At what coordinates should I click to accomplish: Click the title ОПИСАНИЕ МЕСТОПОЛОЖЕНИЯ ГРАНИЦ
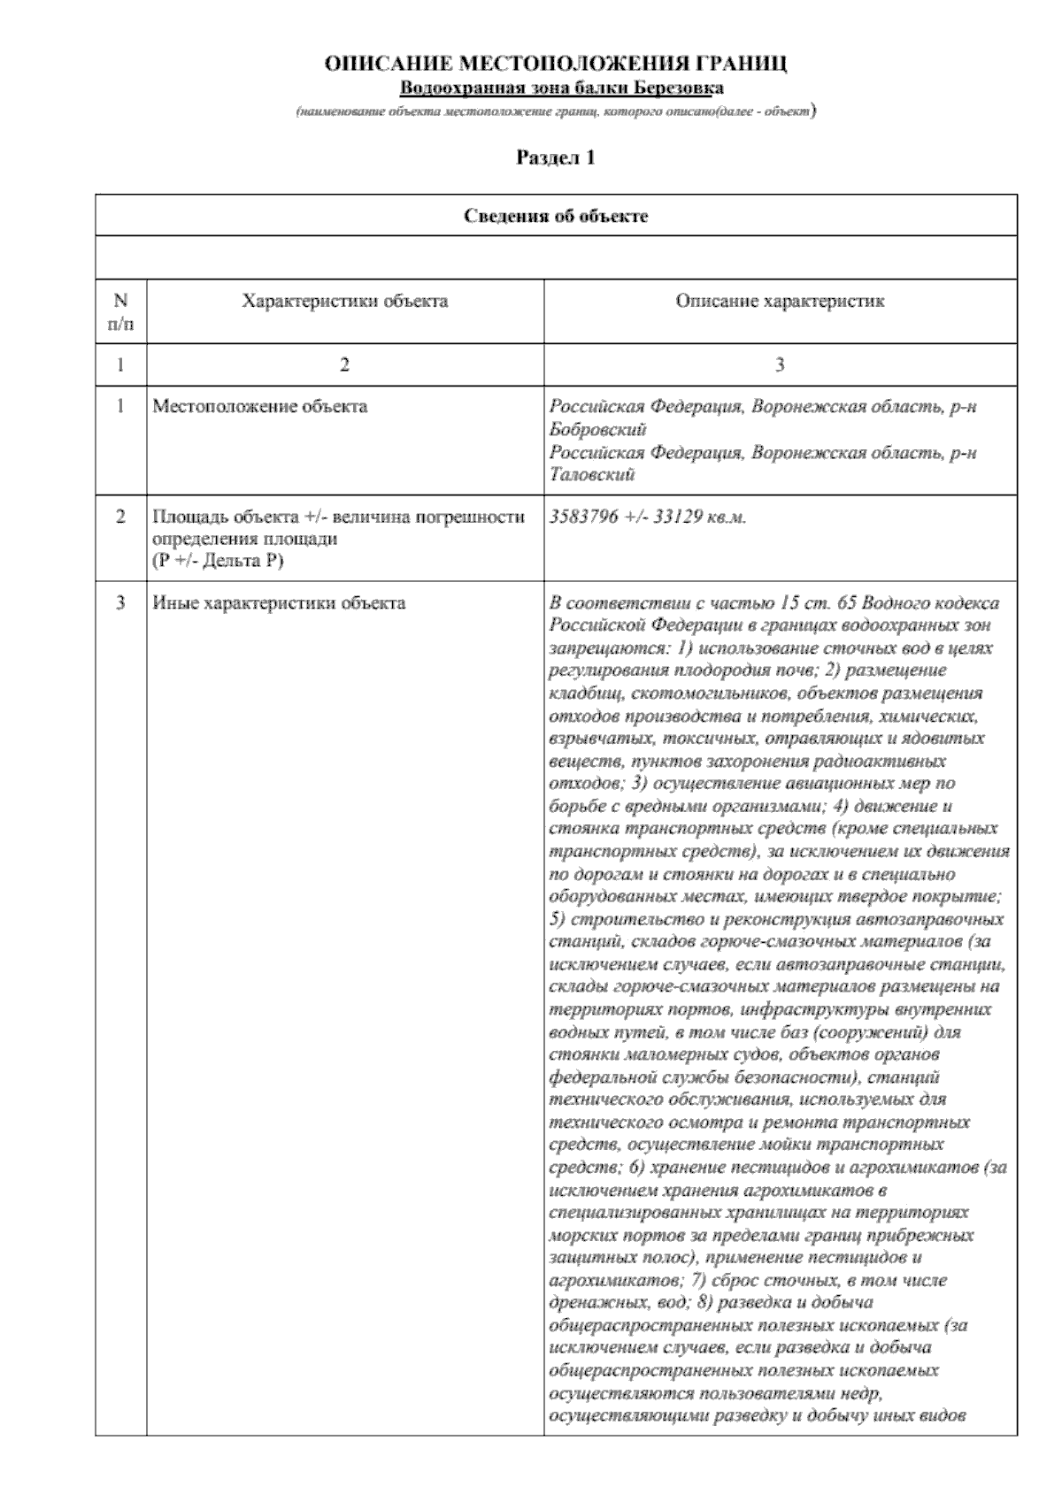[x=556, y=65]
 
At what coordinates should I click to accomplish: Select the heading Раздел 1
[x=556, y=158]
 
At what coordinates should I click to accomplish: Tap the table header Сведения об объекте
[x=556, y=216]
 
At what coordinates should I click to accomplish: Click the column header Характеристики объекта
[x=345, y=301]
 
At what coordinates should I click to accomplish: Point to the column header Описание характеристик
[x=780, y=301]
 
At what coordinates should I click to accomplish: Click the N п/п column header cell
[x=121, y=311]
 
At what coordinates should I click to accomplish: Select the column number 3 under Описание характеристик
[x=780, y=364]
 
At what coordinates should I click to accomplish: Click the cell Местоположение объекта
[x=260, y=407]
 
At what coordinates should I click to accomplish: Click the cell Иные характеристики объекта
[x=279, y=603]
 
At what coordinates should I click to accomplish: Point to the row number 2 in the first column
[x=121, y=517]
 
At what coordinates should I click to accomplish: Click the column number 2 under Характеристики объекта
[x=345, y=364]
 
